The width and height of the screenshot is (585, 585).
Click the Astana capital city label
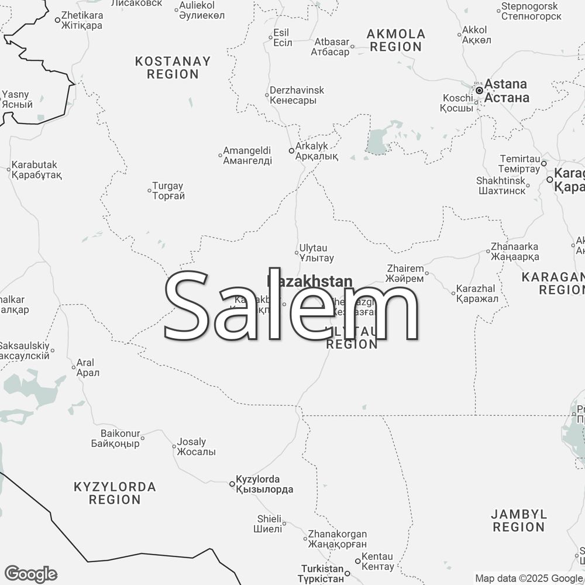(507, 91)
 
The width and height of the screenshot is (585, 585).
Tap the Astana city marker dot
(479, 91)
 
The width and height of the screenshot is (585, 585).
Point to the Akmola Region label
(396, 40)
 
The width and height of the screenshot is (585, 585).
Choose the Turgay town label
(168, 191)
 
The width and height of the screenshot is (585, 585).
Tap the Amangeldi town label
(247, 156)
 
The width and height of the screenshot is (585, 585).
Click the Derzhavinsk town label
(297, 95)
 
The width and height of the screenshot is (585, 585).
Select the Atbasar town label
(332, 47)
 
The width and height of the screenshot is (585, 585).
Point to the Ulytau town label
(316, 253)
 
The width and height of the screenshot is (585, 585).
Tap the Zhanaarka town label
(515, 252)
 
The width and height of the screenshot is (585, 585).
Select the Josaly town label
(196, 447)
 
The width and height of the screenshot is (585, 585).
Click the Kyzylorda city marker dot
(232, 484)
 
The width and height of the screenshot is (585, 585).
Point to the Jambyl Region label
(518, 521)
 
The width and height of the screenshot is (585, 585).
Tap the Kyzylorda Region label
(115, 493)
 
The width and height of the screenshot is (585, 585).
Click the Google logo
(30, 574)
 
